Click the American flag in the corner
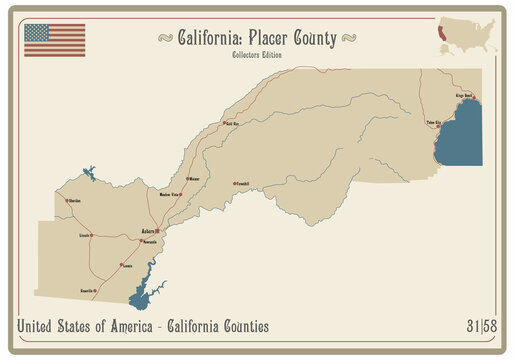[x=54, y=40]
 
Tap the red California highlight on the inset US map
[x=440, y=32]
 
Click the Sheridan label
[x=73, y=201]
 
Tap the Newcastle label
[x=150, y=242]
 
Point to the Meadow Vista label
[x=170, y=195]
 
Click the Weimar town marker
[x=188, y=180]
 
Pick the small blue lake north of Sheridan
[x=89, y=175]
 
